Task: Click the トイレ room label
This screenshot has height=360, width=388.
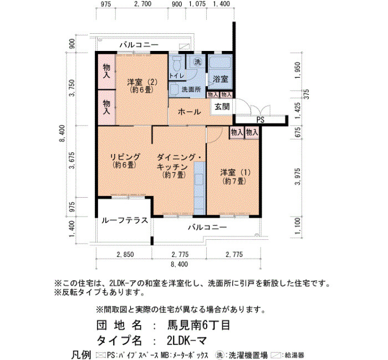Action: (177, 76)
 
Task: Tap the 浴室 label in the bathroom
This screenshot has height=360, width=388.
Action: (220, 79)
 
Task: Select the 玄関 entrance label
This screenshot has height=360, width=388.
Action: (222, 106)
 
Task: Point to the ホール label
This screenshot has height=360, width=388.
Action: (190, 112)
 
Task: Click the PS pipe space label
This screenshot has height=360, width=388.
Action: (261, 120)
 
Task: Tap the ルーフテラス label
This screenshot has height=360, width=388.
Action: (125, 220)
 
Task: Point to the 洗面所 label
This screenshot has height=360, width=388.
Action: (191, 90)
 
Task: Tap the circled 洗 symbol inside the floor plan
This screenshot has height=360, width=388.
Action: (197, 62)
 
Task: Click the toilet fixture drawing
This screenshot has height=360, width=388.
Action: (176, 64)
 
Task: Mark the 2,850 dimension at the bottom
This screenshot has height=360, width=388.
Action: (125, 254)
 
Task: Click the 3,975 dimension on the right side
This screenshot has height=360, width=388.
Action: (298, 176)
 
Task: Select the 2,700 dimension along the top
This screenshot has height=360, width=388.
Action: (143, 4)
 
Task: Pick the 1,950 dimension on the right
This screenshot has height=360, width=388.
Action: (298, 70)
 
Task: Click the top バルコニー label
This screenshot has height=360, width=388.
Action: (139, 45)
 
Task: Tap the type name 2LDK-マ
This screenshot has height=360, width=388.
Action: (187, 341)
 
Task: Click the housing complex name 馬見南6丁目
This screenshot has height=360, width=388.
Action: (199, 325)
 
